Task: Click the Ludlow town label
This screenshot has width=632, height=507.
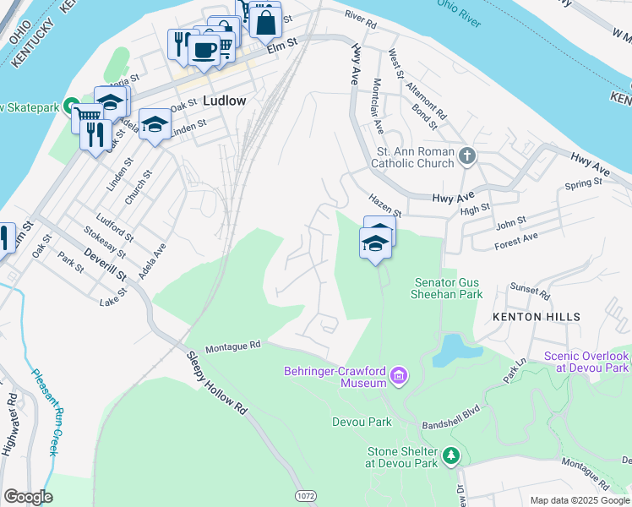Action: tap(224, 101)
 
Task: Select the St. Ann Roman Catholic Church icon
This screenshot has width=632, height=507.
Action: tap(467, 156)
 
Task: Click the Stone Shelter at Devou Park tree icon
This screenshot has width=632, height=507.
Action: tap(452, 456)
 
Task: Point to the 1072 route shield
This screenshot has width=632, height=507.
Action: tap(307, 493)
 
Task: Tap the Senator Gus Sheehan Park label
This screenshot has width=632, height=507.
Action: tap(448, 288)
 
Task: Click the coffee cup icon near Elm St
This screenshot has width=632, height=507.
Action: tap(204, 49)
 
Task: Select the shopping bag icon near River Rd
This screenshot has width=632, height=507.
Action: tap(265, 23)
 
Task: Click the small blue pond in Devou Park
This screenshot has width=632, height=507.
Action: tap(455, 349)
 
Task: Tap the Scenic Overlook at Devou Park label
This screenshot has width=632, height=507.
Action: tap(586, 362)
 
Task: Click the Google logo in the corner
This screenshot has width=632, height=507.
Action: tap(27, 497)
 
